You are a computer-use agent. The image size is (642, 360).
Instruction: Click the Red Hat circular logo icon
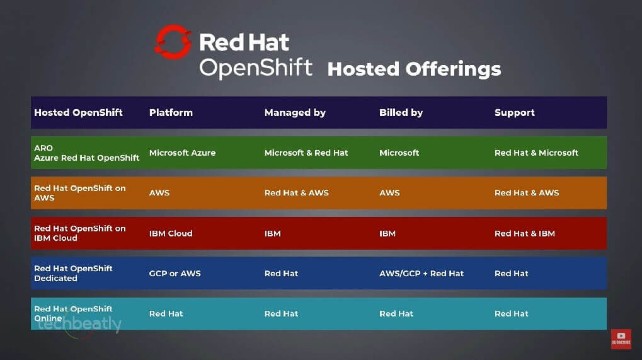173,42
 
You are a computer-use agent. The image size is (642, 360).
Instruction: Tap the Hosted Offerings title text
414,69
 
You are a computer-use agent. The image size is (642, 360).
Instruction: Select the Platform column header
171,113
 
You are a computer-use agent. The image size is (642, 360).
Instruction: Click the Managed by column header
295,113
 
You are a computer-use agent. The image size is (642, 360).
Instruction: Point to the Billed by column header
401,113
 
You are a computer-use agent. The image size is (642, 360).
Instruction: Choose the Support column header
514,113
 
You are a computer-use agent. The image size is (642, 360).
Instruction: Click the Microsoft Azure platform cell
182,153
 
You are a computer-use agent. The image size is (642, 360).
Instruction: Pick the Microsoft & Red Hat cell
306,153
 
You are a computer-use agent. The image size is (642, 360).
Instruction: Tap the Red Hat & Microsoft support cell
536,153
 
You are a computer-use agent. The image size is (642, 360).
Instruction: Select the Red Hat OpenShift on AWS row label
79,193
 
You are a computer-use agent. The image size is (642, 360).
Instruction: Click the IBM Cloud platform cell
171,233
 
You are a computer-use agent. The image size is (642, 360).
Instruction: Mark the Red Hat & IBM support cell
525,233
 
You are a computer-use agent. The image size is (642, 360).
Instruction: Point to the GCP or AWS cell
175,274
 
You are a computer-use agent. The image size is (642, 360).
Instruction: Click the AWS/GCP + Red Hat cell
421,274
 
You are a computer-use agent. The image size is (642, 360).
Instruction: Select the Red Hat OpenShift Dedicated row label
73,273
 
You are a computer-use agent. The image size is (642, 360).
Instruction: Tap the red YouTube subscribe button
621,339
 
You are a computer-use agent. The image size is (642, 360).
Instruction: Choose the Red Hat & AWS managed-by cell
297,193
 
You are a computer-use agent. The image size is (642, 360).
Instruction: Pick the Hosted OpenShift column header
78,113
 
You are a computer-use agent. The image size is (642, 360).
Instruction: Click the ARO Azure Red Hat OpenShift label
86,153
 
